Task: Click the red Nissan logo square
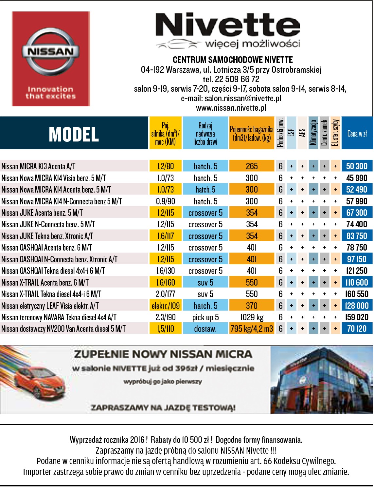(x=51, y=59)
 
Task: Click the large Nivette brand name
(x=227, y=26)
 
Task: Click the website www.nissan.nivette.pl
(x=231, y=108)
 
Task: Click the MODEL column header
(x=74, y=134)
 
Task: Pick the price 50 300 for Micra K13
(x=357, y=166)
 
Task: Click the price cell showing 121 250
(x=357, y=271)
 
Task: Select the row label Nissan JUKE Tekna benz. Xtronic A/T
(x=47, y=236)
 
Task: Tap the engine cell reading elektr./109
(x=166, y=306)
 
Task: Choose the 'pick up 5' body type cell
(x=205, y=317)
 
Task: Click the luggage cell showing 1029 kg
(x=252, y=317)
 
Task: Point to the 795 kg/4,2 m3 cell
(x=252, y=329)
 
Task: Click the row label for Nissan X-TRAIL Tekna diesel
(x=51, y=294)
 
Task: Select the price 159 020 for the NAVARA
(x=357, y=317)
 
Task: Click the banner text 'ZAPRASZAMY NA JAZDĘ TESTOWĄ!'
(x=163, y=408)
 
